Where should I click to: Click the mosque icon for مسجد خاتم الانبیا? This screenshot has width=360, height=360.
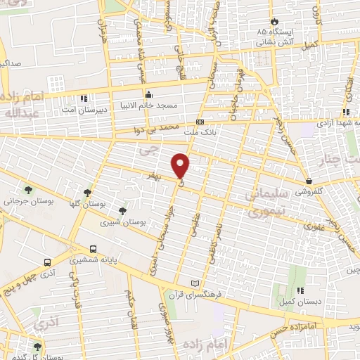[148, 95]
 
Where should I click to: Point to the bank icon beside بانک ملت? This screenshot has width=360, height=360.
[201, 120]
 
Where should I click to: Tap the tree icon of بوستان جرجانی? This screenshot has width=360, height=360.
[28, 190]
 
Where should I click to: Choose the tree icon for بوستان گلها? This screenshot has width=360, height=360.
[87, 192]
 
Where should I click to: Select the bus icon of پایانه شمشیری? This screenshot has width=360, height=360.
[94, 249]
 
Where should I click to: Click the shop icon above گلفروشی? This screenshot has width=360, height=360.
[309, 181]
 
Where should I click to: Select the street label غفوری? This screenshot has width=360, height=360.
[314, 227]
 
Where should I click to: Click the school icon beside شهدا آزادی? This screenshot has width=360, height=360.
[346, 112]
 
